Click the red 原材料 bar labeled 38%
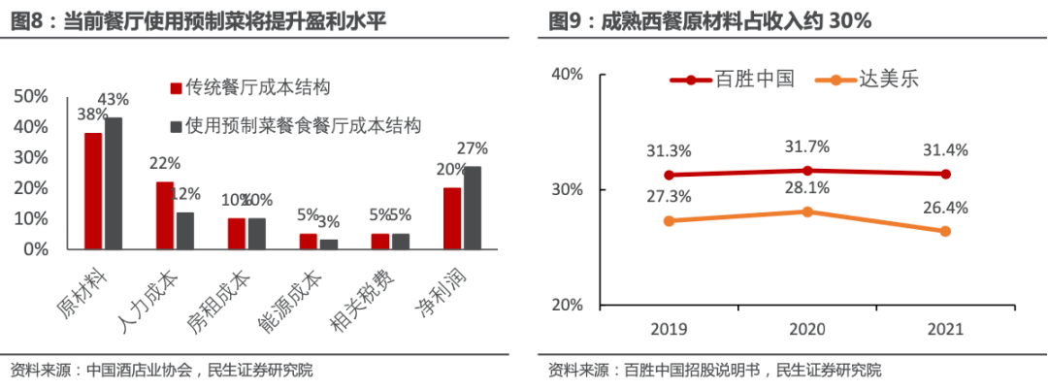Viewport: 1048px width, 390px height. (x=93, y=191)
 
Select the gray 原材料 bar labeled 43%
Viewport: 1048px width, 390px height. (x=114, y=183)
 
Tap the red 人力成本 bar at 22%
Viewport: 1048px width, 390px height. (x=165, y=215)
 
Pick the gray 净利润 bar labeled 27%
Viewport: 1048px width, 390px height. (x=473, y=208)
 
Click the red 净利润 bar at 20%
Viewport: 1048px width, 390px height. (x=452, y=218)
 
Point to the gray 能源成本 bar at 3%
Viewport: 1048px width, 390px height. (x=329, y=244)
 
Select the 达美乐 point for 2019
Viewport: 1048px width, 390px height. (x=669, y=220)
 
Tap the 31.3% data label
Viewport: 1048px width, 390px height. (x=670, y=150)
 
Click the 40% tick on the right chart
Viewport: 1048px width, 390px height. (x=568, y=74)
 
